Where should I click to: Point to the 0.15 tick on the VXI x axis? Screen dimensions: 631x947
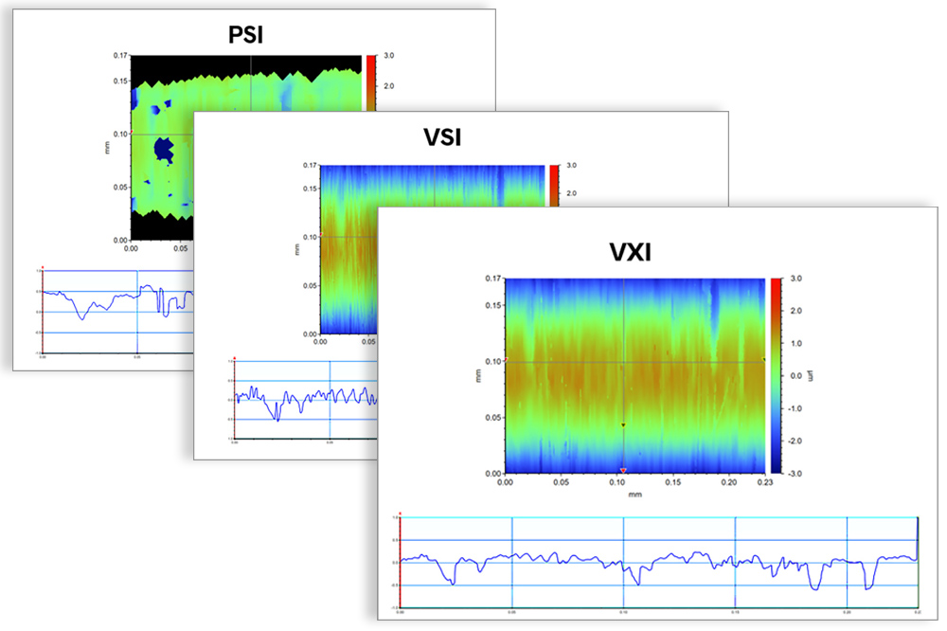pos(673,482)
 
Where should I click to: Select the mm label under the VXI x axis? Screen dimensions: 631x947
pos(634,495)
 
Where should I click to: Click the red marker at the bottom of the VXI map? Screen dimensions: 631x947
pos(623,470)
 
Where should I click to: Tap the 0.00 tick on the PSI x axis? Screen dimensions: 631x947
pos(132,248)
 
